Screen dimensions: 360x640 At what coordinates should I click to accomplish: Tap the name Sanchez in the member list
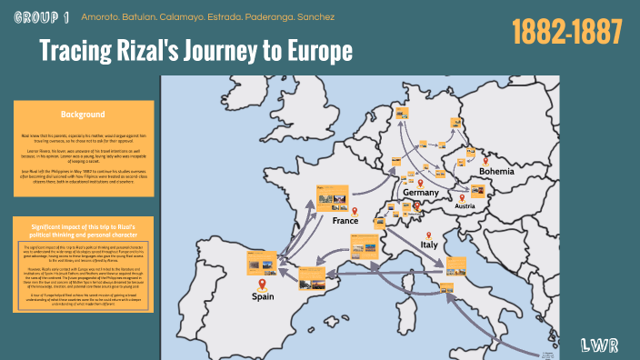point(315,17)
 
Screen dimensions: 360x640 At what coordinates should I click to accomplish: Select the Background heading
point(83,115)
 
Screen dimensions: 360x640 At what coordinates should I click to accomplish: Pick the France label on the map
point(345,221)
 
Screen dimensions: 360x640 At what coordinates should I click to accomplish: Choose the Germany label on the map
point(421,193)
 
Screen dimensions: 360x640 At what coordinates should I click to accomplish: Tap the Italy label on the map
point(429,245)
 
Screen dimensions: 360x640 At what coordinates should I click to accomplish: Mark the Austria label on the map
point(465,206)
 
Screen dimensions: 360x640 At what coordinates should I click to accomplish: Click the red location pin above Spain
point(262,284)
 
